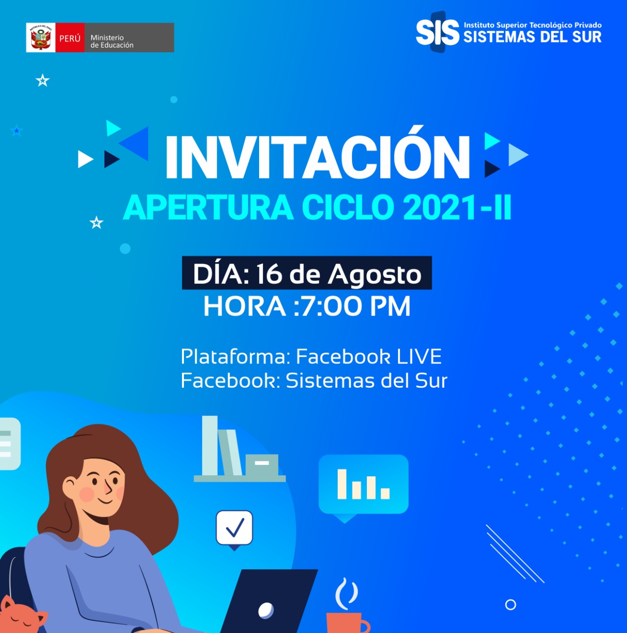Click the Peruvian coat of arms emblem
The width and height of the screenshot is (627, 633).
41,38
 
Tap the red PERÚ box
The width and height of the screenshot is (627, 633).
70,38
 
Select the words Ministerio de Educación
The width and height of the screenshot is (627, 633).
112,42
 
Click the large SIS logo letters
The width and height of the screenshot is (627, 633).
438,32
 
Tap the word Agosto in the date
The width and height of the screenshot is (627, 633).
374,274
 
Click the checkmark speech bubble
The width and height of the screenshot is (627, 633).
234,529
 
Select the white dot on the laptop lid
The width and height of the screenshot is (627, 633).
266,610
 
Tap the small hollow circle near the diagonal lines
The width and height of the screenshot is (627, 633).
510,604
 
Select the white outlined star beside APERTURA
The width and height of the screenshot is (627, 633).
96,223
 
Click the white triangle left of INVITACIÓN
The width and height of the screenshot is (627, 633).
85,159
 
